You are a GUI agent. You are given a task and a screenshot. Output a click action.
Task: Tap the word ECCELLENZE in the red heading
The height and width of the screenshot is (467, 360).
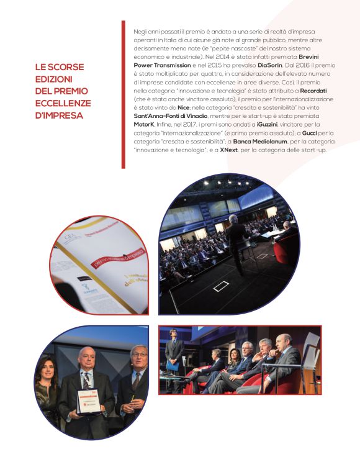(x=63, y=103)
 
